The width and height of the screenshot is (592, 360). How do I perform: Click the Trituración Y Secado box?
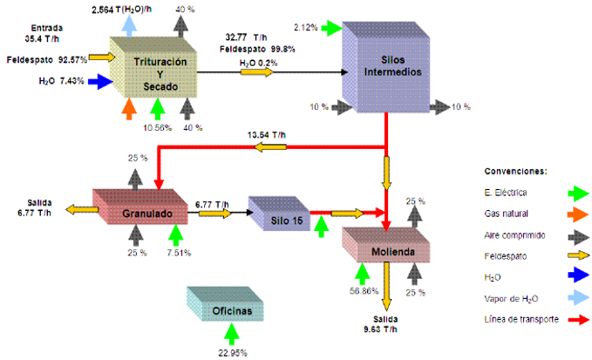point(153,67)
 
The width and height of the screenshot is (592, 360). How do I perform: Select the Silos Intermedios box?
point(386,67)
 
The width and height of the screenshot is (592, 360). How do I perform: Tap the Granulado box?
point(140,207)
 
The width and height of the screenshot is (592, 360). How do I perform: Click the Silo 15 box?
point(279,214)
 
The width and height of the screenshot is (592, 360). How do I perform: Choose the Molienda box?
point(386,245)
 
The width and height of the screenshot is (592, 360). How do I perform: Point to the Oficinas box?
point(225,303)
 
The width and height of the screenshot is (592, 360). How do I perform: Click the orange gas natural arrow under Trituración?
point(129,109)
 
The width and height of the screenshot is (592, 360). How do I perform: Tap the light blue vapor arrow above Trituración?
point(129,26)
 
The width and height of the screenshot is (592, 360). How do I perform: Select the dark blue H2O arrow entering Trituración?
point(100,81)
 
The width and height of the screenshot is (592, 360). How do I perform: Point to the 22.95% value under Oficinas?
point(233,353)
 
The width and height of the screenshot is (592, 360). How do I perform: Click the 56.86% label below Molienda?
point(364,291)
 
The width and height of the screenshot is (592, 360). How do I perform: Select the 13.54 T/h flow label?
point(267,135)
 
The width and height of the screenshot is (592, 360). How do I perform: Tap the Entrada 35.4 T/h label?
point(42,33)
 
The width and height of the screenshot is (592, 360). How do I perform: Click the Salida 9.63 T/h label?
point(380,324)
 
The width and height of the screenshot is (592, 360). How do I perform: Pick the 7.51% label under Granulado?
point(179,253)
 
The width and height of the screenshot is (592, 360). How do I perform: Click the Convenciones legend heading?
point(516,172)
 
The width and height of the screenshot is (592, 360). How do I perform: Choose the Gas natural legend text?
point(506,214)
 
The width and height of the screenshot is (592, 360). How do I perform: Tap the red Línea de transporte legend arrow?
point(578,320)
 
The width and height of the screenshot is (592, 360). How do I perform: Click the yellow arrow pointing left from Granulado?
point(82,209)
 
